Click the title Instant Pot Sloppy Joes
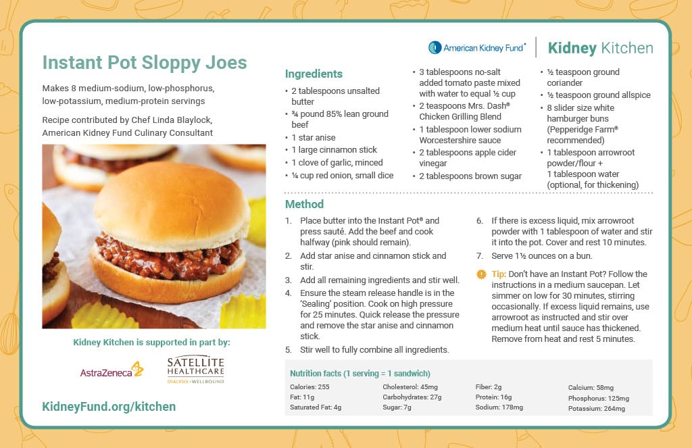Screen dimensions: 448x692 pyautogui.click(x=144, y=63)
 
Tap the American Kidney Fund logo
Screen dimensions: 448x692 pyautogui.click(x=476, y=48)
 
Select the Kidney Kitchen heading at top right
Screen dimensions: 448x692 pyautogui.click(x=600, y=48)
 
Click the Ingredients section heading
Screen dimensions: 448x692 pyautogui.click(x=314, y=74)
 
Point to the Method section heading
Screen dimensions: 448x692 pyautogui.click(x=304, y=204)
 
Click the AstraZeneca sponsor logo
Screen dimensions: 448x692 pyautogui.click(x=112, y=370)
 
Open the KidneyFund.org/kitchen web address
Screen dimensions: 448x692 pyautogui.click(x=109, y=406)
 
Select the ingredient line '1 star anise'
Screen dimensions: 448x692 pyautogui.click(x=313, y=137)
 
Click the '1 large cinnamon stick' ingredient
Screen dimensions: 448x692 pyautogui.click(x=334, y=150)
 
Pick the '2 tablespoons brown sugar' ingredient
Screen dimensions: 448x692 pyautogui.click(x=470, y=176)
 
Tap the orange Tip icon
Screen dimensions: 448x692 pyautogui.click(x=481, y=274)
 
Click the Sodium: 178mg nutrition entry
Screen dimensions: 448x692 pyautogui.click(x=499, y=407)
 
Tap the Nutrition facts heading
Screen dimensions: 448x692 pyautogui.click(x=360, y=374)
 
